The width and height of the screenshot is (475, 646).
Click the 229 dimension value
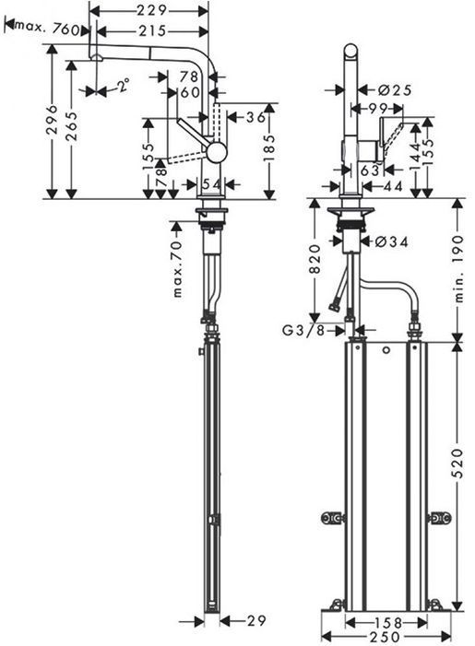(152, 10)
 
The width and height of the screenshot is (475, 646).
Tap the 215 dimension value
(152, 31)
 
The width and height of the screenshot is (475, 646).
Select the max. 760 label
(47, 29)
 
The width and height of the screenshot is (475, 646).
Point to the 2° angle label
(123, 86)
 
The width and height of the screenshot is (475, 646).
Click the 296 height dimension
(52, 120)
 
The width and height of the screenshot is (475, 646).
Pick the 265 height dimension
(71, 126)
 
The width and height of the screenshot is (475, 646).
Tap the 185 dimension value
(269, 148)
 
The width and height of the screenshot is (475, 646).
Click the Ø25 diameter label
(394, 89)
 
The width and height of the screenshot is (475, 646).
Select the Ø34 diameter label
(392, 241)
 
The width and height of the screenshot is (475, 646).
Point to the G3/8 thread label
(303, 330)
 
